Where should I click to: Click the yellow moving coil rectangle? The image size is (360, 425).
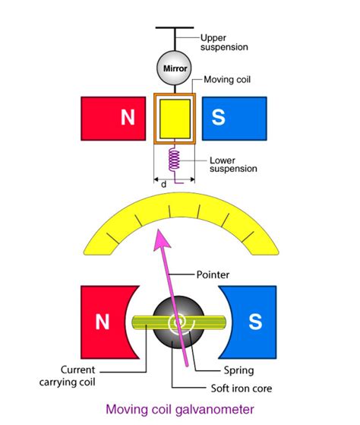[x=175, y=119]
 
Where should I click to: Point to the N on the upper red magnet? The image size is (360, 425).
[x=125, y=119]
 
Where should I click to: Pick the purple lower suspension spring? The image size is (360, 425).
[x=175, y=160]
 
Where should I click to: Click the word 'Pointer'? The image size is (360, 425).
[x=212, y=273]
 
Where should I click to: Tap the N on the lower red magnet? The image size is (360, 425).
[x=102, y=322]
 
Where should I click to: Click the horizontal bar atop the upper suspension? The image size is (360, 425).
[x=175, y=28]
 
